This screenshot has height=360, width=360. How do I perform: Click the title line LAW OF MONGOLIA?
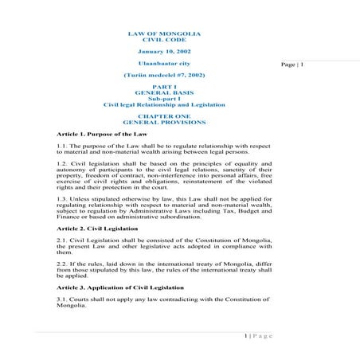pos(164,33)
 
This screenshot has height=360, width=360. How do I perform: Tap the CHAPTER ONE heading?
pos(164,116)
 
